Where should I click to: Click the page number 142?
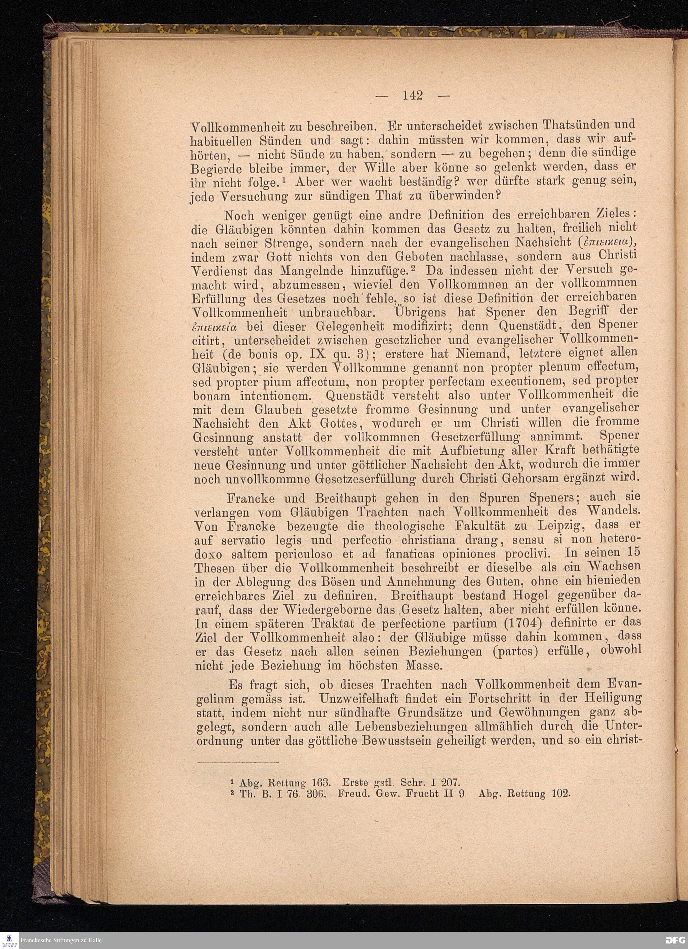[412, 96]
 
